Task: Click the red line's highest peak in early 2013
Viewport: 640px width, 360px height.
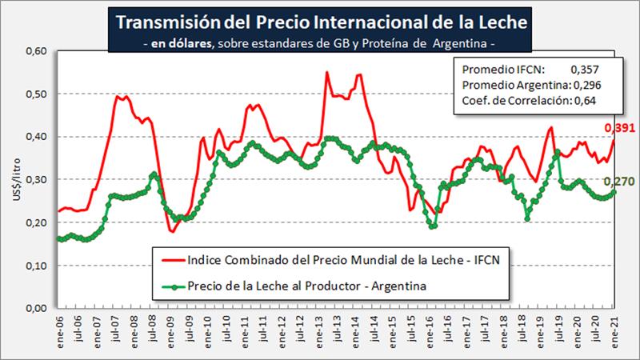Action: point(327,73)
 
